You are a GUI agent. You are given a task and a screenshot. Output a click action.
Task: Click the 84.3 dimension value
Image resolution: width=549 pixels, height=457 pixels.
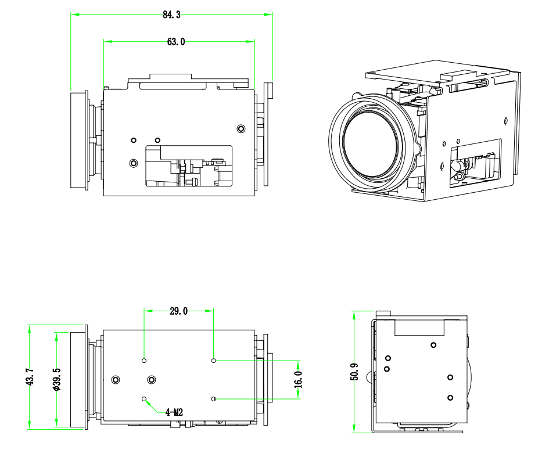coord(171,15)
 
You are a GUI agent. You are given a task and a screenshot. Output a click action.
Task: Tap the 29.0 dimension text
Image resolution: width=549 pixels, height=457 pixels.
coord(179,311)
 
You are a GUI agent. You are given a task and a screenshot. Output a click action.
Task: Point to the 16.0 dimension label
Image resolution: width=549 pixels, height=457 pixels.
coord(299,379)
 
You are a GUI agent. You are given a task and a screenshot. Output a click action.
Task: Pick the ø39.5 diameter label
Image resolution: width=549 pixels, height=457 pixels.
coord(56,379)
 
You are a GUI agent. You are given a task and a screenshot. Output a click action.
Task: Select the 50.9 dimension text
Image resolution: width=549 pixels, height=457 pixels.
coord(354,372)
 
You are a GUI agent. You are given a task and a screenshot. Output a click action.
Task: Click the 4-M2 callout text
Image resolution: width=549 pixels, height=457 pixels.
coord(174,412)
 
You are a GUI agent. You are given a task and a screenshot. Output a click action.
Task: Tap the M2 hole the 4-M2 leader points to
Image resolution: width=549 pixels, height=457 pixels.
coord(144,399)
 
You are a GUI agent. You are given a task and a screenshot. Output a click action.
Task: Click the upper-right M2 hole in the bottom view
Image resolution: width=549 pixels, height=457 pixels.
coord(214,361)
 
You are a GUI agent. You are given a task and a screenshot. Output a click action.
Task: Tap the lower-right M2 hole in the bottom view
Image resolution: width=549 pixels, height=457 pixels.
coord(214,399)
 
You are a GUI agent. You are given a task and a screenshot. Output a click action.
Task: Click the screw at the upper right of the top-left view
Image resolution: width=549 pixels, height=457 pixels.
coord(242,128)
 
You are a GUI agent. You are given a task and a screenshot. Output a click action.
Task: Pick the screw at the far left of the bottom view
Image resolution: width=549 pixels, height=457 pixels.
coord(116,380)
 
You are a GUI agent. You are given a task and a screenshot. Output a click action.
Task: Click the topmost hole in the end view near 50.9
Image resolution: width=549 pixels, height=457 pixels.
coord(433,346)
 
